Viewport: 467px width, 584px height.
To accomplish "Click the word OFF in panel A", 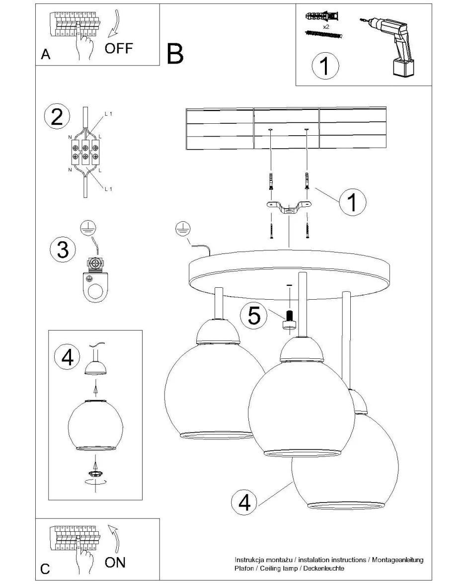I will [x=119, y=49].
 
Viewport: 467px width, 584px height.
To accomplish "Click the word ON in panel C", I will [x=115, y=562].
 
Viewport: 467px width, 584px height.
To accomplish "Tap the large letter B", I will [x=175, y=54].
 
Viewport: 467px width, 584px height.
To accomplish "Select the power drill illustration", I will [x=394, y=45].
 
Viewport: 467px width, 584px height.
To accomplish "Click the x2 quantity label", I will [x=326, y=26].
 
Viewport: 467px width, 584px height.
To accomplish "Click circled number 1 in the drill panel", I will [x=325, y=67].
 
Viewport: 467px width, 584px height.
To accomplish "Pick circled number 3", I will [x=63, y=249].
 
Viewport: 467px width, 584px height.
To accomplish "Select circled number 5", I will [x=253, y=315].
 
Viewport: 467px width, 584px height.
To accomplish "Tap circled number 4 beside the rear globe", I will [x=244, y=502].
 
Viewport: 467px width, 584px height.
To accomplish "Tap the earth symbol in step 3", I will [x=87, y=228].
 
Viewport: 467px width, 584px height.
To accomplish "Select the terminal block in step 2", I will [x=85, y=152].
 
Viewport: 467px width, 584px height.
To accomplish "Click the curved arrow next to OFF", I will [x=117, y=25].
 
